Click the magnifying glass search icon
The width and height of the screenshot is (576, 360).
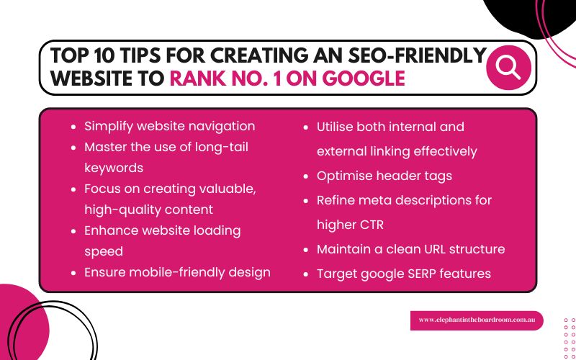pyautogui.click(x=509, y=68)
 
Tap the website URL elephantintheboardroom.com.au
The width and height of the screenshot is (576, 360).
pyautogui.click(x=476, y=320)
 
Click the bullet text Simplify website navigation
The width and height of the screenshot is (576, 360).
pyautogui.click(x=169, y=126)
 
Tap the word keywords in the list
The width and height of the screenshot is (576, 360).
pyautogui.click(x=114, y=168)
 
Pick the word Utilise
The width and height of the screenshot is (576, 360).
pyautogui.click(x=340, y=127)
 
